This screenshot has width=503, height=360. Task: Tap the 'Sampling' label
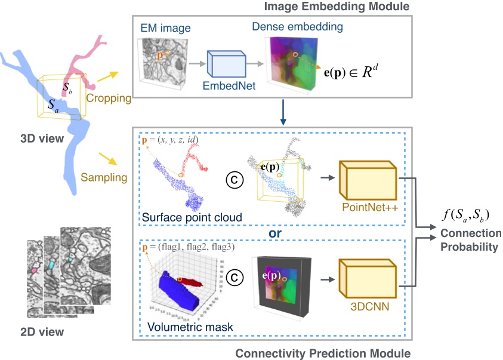click(x=103, y=177)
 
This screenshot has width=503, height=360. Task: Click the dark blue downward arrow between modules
click(x=283, y=116)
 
